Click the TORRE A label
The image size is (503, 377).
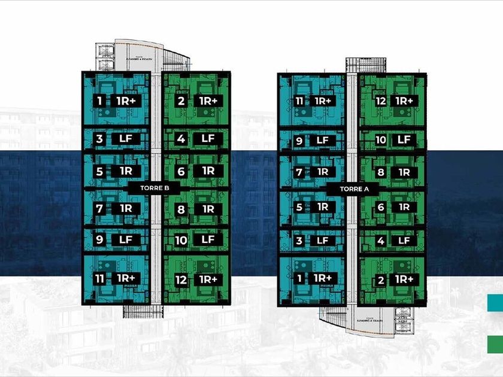[352, 188]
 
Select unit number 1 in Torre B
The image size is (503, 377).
[99, 101]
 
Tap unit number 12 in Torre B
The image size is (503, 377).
[181, 279]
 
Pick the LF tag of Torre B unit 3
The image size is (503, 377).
[126, 139]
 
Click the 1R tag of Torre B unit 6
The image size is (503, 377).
[208, 171]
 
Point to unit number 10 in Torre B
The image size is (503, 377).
[181, 240]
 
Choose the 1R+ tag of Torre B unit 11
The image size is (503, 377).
[126, 278]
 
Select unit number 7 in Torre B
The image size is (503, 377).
[99, 209]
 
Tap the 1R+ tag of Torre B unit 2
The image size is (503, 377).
[208, 101]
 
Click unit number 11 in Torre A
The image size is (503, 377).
[299, 101]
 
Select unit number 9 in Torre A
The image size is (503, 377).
[299, 141]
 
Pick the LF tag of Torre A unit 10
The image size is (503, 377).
[404, 140]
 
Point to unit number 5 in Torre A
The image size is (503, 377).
[299, 207]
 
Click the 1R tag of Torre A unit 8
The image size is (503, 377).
[404, 172]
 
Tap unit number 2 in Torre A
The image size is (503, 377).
[381, 279]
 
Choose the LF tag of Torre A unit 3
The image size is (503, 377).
[323, 241]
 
